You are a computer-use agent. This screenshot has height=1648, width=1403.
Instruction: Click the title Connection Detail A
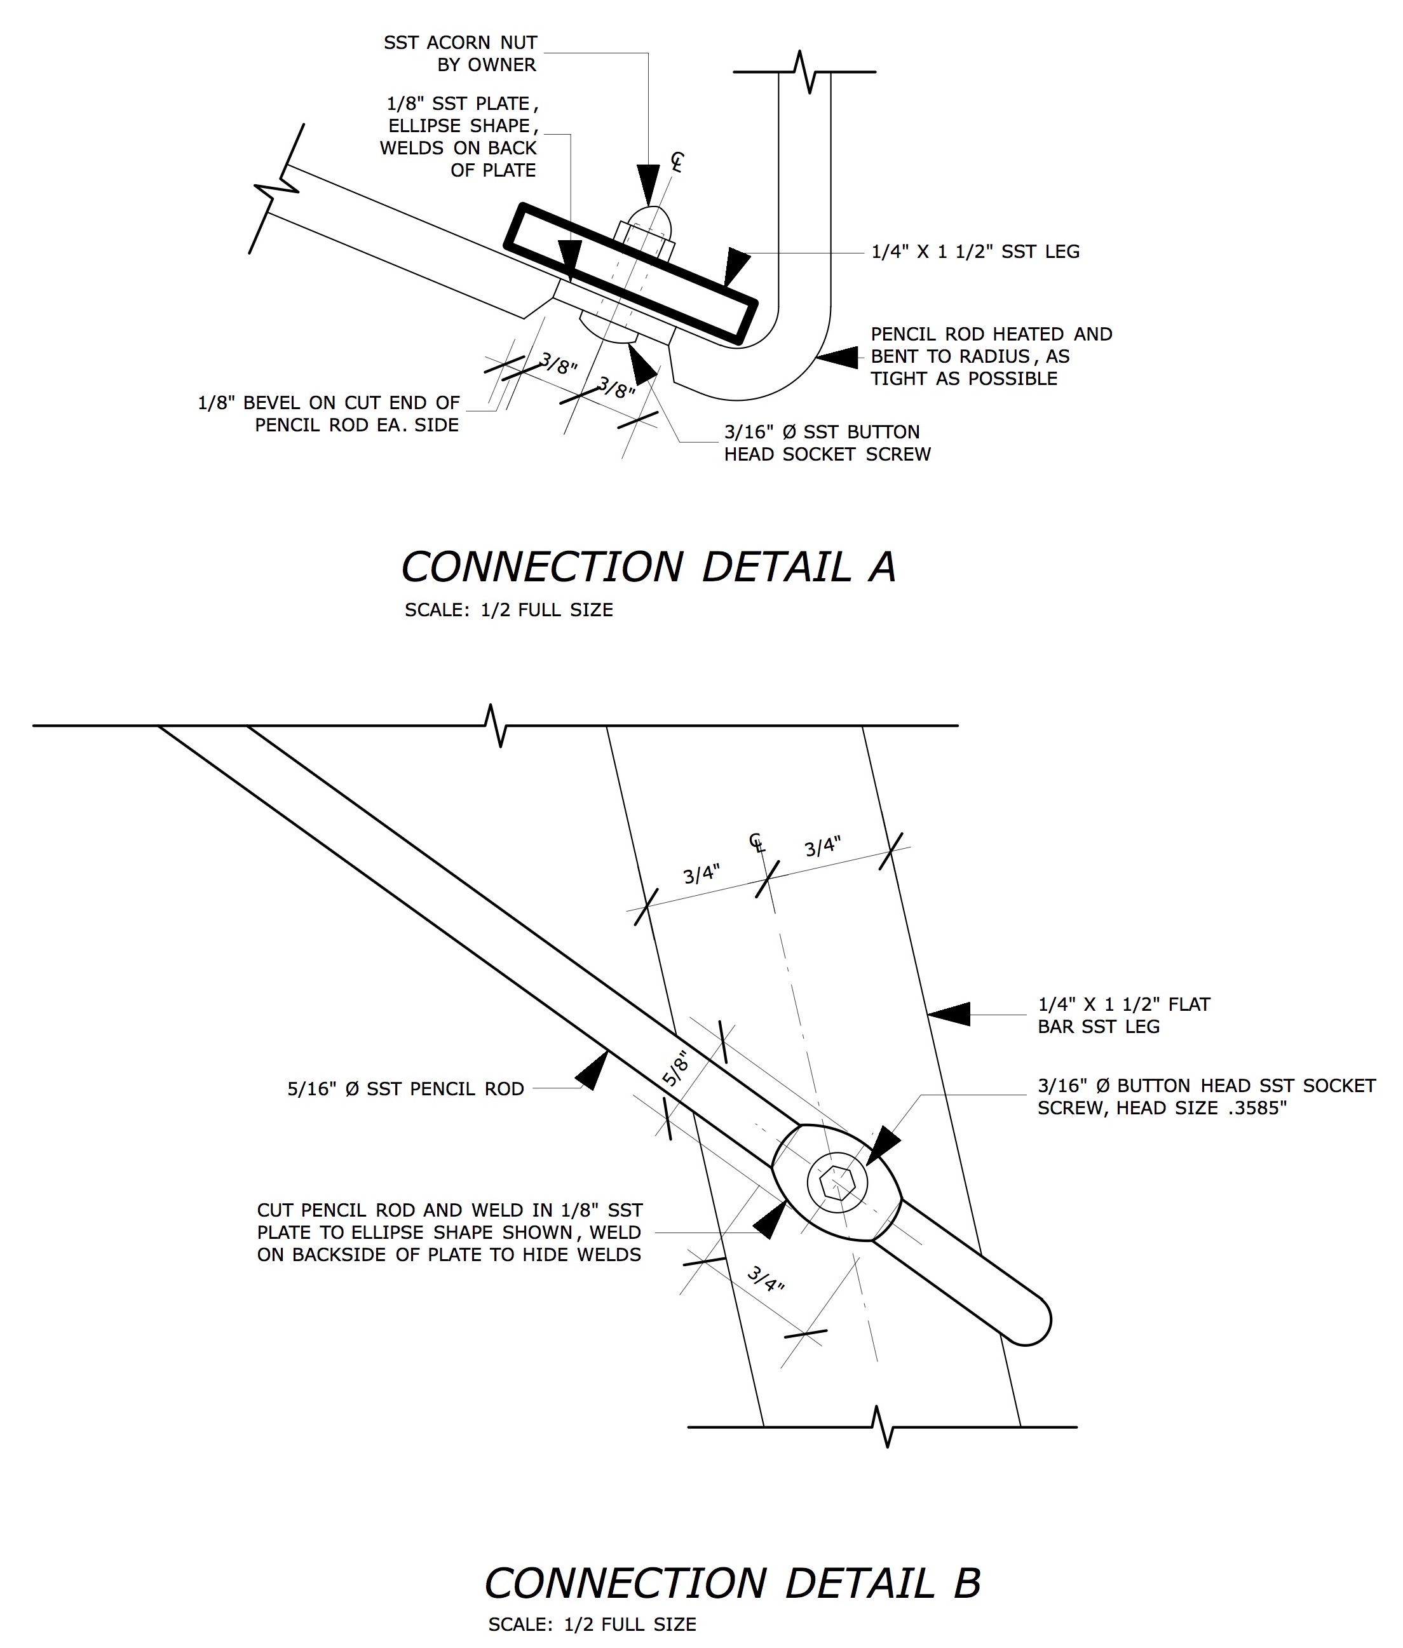pyautogui.click(x=649, y=567)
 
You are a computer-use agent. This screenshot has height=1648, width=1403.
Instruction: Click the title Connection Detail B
pyautogui.click(x=733, y=1583)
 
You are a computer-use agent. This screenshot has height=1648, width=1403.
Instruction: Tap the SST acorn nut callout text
pyautogui.click(x=461, y=53)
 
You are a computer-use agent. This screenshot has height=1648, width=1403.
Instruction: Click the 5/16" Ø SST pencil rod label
pyautogui.click(x=405, y=1089)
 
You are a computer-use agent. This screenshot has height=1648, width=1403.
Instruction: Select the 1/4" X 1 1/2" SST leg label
pyautogui.click(x=976, y=252)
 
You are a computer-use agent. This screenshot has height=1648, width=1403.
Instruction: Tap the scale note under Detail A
pyautogui.click(x=509, y=610)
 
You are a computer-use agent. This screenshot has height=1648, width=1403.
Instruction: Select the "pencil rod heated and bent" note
pyautogui.click(x=992, y=356)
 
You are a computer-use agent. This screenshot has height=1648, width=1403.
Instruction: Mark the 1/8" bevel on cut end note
pyautogui.click(x=329, y=414)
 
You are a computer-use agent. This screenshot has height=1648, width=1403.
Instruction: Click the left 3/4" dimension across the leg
pyautogui.click(x=702, y=875)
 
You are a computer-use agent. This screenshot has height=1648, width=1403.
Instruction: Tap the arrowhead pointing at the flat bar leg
pyautogui.click(x=949, y=1014)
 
